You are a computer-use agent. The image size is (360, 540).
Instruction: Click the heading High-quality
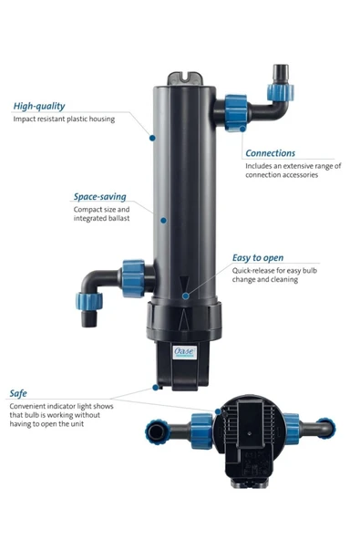[x=39, y=107]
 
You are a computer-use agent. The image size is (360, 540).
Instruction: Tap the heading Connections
[x=270, y=153]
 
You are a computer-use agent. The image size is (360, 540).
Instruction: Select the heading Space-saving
[x=100, y=197]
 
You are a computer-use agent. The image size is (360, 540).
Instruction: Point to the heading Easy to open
[x=258, y=258]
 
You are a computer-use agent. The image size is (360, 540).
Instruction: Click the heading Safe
[x=18, y=394]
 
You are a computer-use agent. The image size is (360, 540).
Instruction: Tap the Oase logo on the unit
[x=184, y=352]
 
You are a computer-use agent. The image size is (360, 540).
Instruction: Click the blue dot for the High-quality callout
[x=152, y=138]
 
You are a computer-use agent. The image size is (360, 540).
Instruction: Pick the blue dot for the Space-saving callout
[x=163, y=220]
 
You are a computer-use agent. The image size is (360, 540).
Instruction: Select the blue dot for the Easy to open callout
[x=186, y=296]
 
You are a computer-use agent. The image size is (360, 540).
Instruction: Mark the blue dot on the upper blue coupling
[x=242, y=129]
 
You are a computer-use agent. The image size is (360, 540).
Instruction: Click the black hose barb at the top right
[x=281, y=74]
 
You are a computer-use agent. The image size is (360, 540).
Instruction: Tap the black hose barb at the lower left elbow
[x=89, y=317]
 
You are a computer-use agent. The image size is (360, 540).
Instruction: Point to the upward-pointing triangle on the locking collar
[x=184, y=319]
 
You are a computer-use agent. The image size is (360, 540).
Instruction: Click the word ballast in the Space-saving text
[x=119, y=218]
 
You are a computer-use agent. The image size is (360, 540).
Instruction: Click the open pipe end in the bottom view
[x=157, y=431]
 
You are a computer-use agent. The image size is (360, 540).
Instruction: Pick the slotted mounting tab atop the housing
[x=185, y=78]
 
